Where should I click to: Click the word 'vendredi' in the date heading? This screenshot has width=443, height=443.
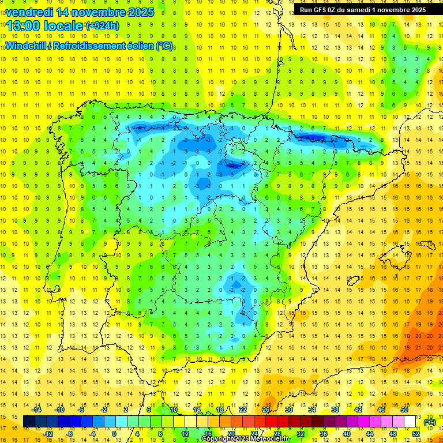[28, 12]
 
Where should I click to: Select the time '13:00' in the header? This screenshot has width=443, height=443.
[24, 26]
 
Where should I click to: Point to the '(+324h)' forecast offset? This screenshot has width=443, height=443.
[102, 26]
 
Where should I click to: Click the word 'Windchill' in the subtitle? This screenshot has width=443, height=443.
[27, 46]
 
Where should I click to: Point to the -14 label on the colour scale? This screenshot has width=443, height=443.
[37, 410]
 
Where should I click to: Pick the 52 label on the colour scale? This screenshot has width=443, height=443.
[416, 434]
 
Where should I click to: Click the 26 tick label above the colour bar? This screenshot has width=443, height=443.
[266, 410]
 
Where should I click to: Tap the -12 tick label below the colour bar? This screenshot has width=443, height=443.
[48, 434]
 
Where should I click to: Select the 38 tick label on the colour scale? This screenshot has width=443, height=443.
[335, 410]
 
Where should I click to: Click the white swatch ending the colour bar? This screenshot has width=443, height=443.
[410, 422]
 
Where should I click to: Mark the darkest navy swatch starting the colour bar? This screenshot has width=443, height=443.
[29, 422]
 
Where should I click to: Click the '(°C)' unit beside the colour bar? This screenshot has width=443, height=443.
[429, 422]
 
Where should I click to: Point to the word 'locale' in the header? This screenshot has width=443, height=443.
[61, 26]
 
